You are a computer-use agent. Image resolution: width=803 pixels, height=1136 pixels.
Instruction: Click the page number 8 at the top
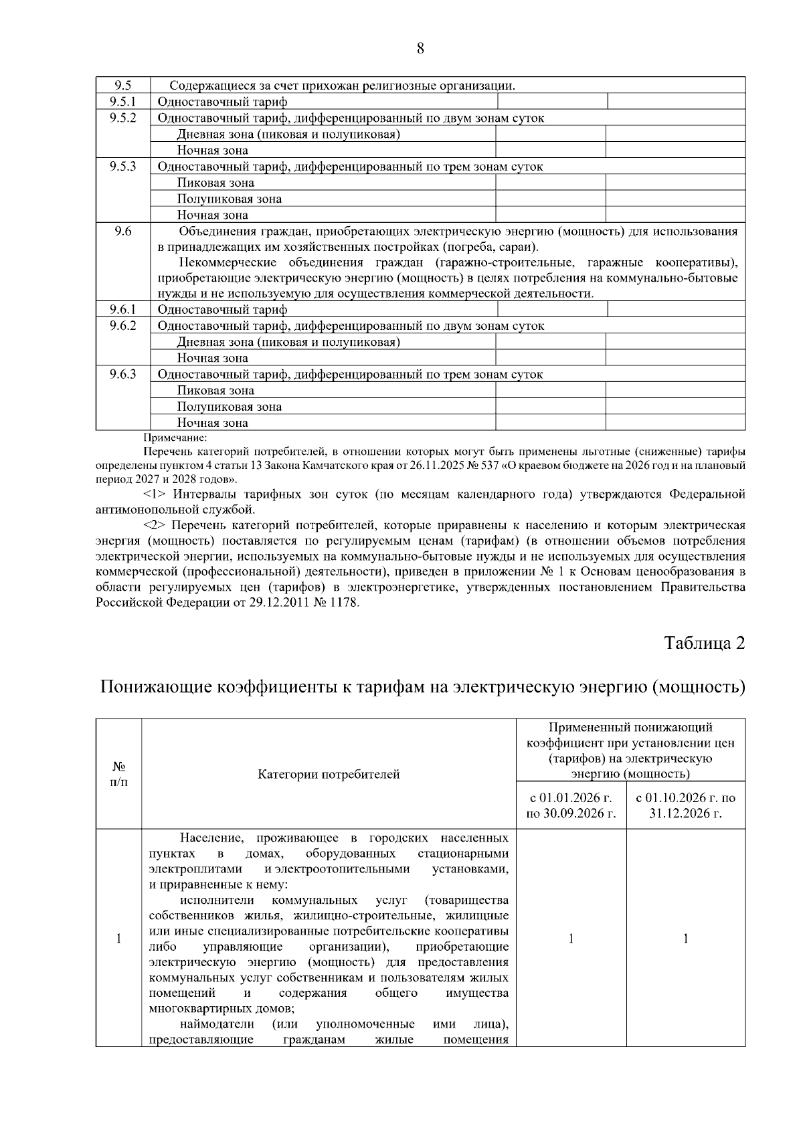coord(420,48)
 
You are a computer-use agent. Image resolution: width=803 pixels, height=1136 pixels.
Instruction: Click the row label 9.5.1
coord(122,102)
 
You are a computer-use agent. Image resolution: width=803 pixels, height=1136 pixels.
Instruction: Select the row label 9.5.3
coord(122,167)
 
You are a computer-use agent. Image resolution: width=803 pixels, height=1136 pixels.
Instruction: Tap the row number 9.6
coord(122,231)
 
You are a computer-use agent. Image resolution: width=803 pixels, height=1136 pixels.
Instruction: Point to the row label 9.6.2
coord(122,326)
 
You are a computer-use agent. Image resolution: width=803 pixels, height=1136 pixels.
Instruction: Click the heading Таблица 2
coord(704,644)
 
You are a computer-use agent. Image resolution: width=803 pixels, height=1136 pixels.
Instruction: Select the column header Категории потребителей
coord(329,775)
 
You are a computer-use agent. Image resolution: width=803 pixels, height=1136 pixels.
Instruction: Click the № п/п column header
coord(118,774)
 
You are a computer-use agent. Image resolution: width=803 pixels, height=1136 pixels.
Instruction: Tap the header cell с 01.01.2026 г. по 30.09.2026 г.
coord(571,806)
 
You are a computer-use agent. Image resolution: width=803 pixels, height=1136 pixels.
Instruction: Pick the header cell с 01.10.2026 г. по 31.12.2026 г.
coord(686,806)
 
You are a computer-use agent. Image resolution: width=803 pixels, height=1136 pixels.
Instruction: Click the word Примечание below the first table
coord(175,438)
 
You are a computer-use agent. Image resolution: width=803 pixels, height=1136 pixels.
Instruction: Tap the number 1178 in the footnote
coord(345,603)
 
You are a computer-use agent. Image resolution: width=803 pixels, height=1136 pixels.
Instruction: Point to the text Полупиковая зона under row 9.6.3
coord(229,407)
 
